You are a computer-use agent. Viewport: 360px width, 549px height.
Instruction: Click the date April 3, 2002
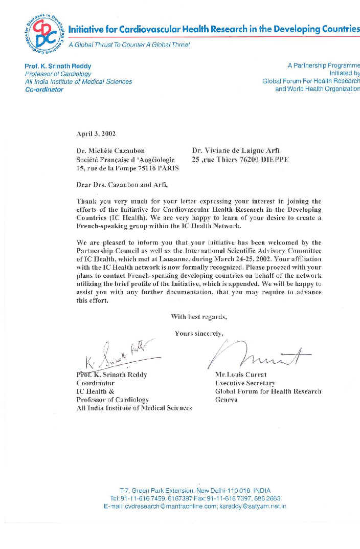click(96, 134)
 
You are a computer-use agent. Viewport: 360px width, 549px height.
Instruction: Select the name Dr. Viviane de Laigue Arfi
click(236, 151)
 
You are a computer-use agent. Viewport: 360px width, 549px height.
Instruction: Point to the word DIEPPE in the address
click(273, 160)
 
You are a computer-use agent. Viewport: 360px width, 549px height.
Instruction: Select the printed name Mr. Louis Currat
click(240, 375)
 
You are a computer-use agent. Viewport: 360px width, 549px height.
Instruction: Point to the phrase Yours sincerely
click(199, 334)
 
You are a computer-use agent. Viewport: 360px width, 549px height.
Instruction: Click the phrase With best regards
click(198, 317)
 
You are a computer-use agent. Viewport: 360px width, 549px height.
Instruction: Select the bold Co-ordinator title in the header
click(44, 89)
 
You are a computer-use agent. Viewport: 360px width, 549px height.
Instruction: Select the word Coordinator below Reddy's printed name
click(95, 383)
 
